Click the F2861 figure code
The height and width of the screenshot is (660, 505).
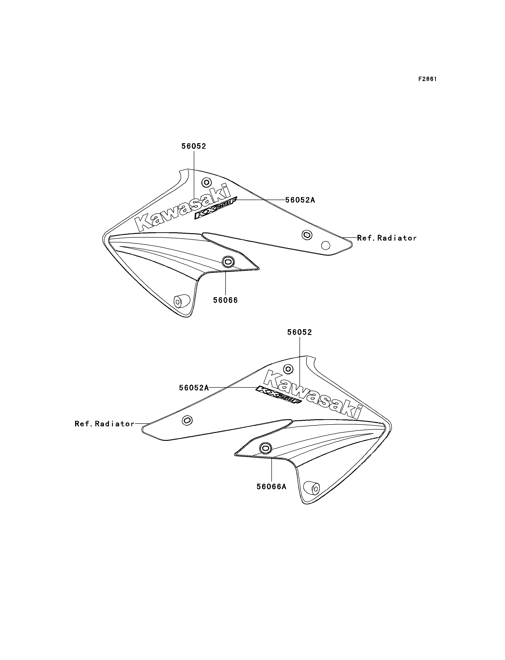pos(427,79)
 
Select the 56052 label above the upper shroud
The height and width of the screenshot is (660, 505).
pos(194,146)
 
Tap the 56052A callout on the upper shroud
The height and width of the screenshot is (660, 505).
pos(300,200)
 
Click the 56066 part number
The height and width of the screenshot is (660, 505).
pos(226,300)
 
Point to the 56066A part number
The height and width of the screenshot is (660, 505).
pos(271,486)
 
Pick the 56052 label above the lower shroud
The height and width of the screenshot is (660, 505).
pos(300,332)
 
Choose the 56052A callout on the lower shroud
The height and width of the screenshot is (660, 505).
pos(194,388)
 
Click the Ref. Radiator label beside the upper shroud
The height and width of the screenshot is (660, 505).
pos(387,238)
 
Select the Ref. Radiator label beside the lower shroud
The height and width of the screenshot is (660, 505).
pos(105,424)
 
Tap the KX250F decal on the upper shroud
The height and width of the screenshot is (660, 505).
pos(216,208)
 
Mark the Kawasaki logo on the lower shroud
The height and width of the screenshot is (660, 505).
pos(313,394)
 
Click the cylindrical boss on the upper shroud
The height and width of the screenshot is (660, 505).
pos(182,301)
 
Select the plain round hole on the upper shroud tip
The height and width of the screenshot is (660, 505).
pos(326,245)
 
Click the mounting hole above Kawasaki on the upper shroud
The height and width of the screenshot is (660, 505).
pos(206,182)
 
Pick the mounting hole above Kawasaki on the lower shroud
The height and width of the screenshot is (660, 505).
pos(288,369)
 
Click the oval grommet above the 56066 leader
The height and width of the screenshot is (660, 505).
pos(228,262)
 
